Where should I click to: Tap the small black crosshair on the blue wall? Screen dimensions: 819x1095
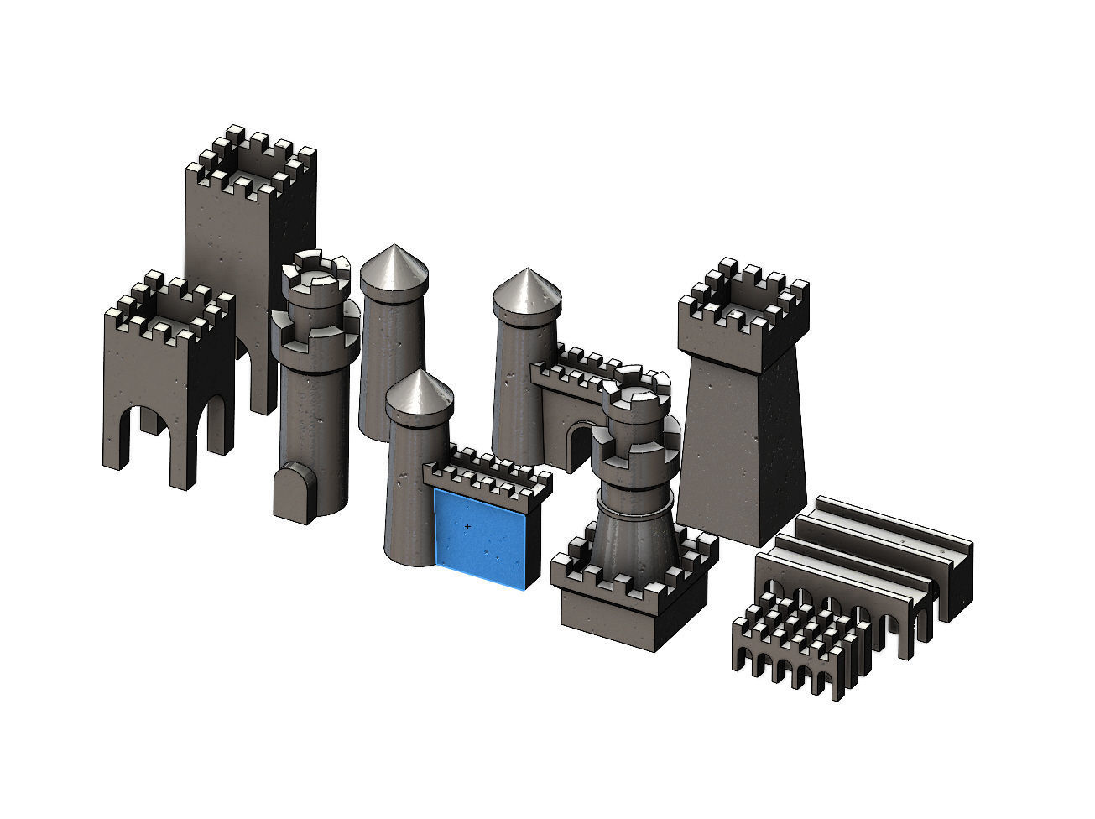467,526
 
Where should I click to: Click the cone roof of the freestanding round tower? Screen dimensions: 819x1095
394,267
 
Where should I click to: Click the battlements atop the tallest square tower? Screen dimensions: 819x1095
251,159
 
